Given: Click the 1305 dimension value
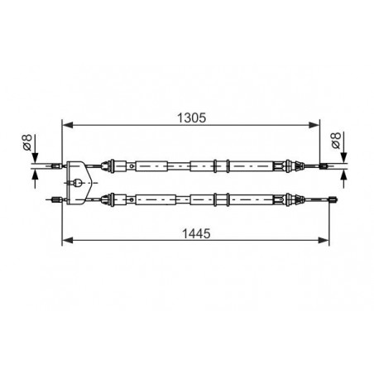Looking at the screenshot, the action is pyautogui.click(x=191, y=118).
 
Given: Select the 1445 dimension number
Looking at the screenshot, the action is pyautogui.click(x=196, y=233).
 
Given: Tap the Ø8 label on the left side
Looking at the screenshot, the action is pyautogui.click(x=27, y=142).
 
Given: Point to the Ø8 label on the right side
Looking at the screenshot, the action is pyautogui.click(x=336, y=141).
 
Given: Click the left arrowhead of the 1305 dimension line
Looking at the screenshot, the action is pyautogui.click(x=68, y=125).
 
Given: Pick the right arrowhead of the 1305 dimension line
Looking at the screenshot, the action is pyautogui.click(x=314, y=125).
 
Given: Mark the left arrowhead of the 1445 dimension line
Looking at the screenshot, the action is pyautogui.click(x=68, y=240).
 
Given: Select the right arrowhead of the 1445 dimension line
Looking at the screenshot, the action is pyautogui.click(x=324, y=240).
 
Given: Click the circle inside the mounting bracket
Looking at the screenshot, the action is pyautogui.click(x=78, y=183).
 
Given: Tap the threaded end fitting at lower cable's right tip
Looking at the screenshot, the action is pyautogui.click(x=333, y=199).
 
